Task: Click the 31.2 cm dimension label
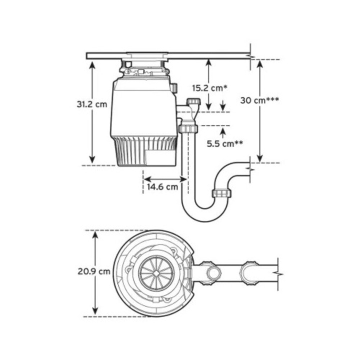click(92, 104)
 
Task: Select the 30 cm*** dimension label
click(259, 99)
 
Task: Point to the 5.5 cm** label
click(225, 143)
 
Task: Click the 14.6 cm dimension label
click(162, 187)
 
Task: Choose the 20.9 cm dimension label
click(93, 272)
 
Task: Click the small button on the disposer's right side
click(173, 88)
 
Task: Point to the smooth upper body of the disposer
click(142, 107)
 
